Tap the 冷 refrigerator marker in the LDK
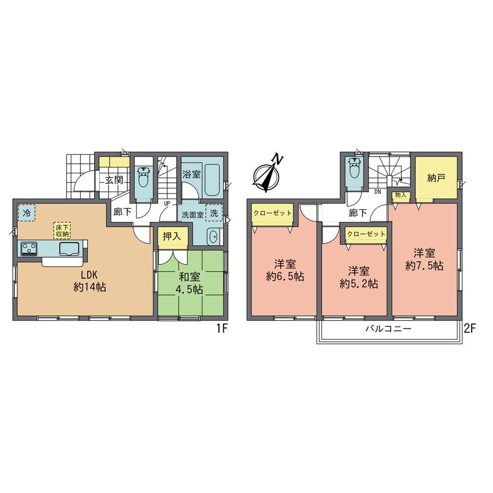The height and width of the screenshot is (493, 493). coord(27,213)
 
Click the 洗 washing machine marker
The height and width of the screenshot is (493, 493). coord(214,214)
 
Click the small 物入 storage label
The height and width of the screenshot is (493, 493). coord(400,195)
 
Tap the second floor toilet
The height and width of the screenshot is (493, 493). coord(355,171)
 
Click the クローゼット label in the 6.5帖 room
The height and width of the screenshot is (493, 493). coord(273,213)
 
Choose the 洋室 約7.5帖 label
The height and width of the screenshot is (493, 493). coord(424,259)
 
